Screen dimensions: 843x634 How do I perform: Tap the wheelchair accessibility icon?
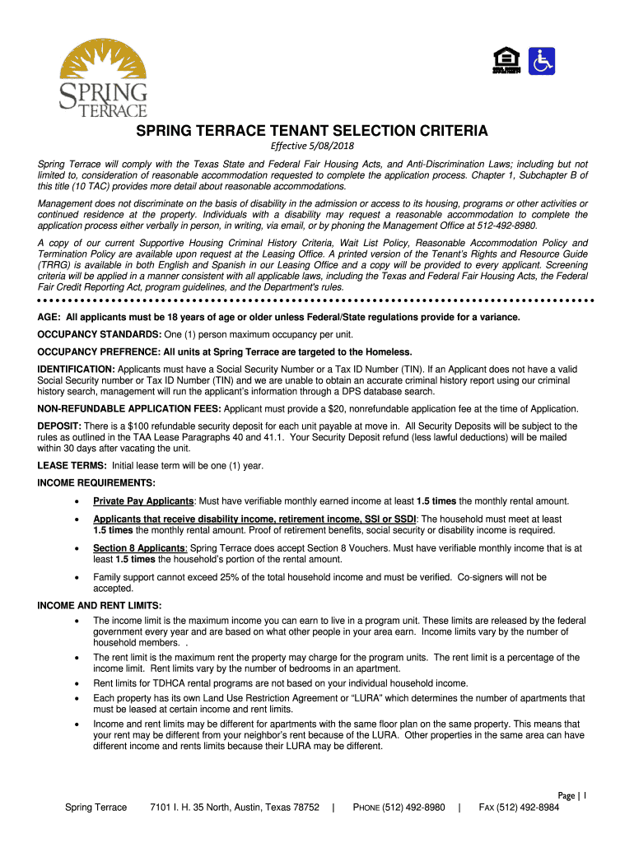(543, 61)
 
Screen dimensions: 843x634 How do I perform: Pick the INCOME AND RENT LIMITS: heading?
(100, 606)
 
